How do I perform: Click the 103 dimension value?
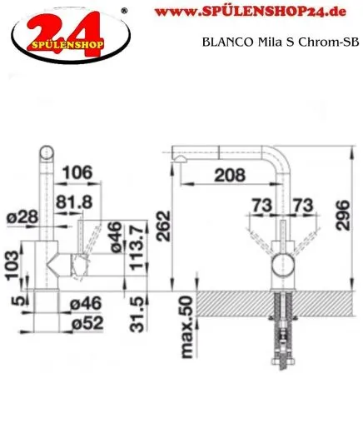(10, 261)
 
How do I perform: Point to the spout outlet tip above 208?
(177, 155)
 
